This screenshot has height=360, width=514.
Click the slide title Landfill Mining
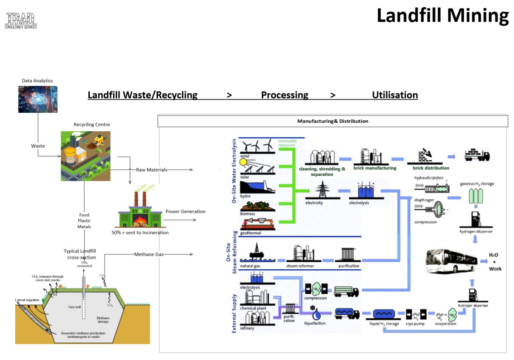[442, 15]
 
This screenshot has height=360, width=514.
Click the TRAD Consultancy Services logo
[21, 21]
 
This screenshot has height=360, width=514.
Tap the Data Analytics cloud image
[38, 99]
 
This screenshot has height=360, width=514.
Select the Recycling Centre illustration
[86, 156]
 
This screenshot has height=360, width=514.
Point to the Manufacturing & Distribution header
[332, 121]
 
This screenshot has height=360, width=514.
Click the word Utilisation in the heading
[394, 95]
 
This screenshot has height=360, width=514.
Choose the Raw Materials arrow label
[151, 170]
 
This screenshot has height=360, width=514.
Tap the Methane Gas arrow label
[149, 254]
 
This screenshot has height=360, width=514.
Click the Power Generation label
[185, 211]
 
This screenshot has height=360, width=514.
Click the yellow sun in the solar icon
[244, 162]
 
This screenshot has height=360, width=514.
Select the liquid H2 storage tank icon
[386, 314]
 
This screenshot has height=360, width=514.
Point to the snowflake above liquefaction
[312, 308]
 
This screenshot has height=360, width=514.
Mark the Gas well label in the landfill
[74, 307]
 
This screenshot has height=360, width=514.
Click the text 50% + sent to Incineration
[140, 233]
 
